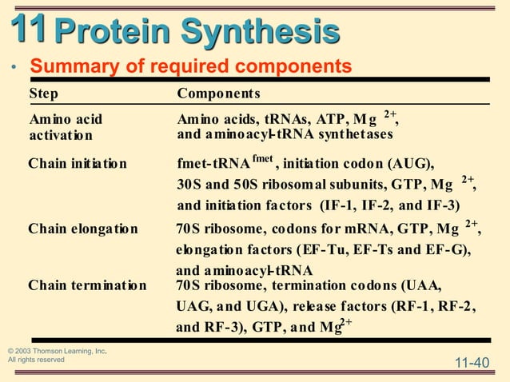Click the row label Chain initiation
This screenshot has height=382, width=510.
(x=77, y=164)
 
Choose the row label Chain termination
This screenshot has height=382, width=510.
(x=87, y=285)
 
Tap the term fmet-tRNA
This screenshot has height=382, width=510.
(x=213, y=165)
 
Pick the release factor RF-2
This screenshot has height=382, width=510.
(x=456, y=306)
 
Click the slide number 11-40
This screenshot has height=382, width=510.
(x=471, y=364)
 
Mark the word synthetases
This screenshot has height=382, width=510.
(x=352, y=134)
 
